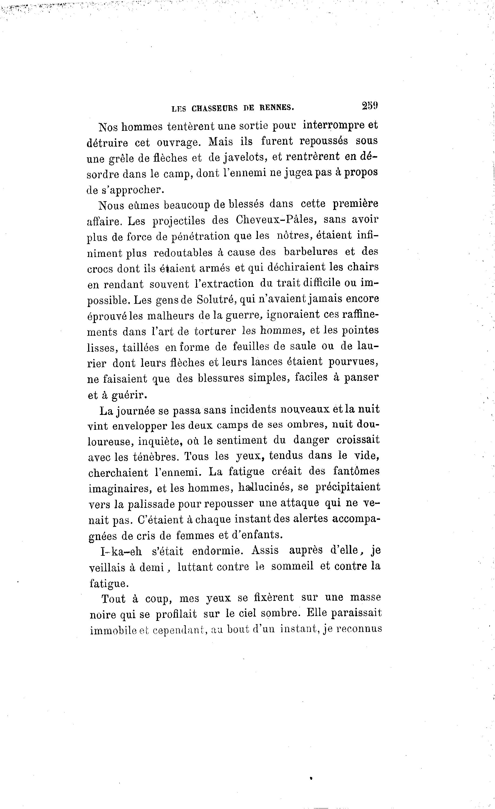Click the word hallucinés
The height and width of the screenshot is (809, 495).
[x=265, y=488]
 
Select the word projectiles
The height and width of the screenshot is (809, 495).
[x=179, y=221]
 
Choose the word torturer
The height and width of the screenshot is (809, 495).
[x=215, y=331]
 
